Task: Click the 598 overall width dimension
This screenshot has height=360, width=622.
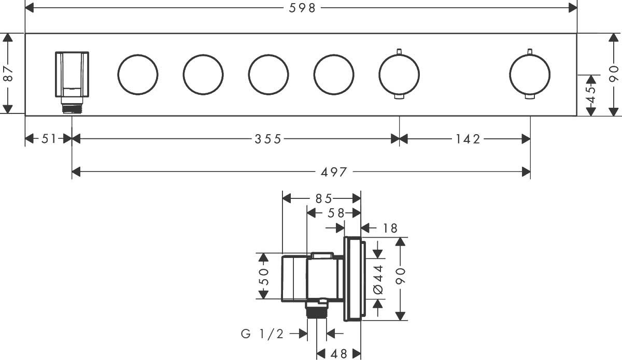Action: coord(302,8)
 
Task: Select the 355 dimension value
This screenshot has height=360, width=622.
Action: coord(268,139)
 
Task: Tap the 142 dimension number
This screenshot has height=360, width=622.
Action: coord(468,139)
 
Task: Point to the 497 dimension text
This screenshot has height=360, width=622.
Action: coord(334,172)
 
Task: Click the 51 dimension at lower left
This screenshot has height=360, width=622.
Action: coord(49,139)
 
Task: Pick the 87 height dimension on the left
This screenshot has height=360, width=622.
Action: coord(8,74)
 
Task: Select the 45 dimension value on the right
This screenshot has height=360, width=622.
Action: coord(591,95)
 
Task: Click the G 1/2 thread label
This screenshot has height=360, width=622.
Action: coord(262,334)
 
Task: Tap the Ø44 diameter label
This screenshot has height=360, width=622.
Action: coord(378,279)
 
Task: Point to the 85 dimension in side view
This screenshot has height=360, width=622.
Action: coord(324,199)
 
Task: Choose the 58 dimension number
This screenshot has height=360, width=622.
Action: coord(336,213)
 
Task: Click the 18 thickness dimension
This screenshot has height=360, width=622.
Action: coord(390,228)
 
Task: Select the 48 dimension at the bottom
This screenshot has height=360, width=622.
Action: coord(339,354)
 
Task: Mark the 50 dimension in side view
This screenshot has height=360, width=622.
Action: coord(264,276)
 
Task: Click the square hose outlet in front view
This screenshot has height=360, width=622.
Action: coord(72,75)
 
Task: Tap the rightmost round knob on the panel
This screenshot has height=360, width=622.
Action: coord(530,75)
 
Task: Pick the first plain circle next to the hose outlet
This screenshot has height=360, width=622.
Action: coord(138,75)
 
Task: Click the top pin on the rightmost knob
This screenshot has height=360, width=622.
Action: coord(530,52)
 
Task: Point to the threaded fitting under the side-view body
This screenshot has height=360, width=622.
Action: coord(317,310)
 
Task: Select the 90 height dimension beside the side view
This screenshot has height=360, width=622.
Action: coord(400,276)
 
